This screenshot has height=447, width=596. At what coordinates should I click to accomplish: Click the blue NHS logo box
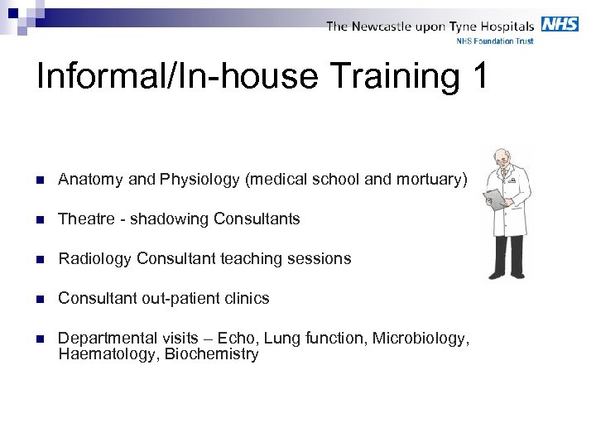click(560, 24)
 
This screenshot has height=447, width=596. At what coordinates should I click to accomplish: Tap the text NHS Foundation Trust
click(495, 41)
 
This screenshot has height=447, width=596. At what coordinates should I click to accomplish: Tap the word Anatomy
click(90, 180)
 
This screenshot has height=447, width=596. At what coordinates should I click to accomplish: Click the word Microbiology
click(421, 339)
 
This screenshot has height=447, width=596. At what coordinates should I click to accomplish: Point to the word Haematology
click(108, 354)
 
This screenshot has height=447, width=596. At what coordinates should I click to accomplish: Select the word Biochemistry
click(211, 354)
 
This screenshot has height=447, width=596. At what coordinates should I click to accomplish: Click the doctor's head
click(502, 161)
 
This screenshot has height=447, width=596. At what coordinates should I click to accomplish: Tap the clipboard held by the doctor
click(494, 199)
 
